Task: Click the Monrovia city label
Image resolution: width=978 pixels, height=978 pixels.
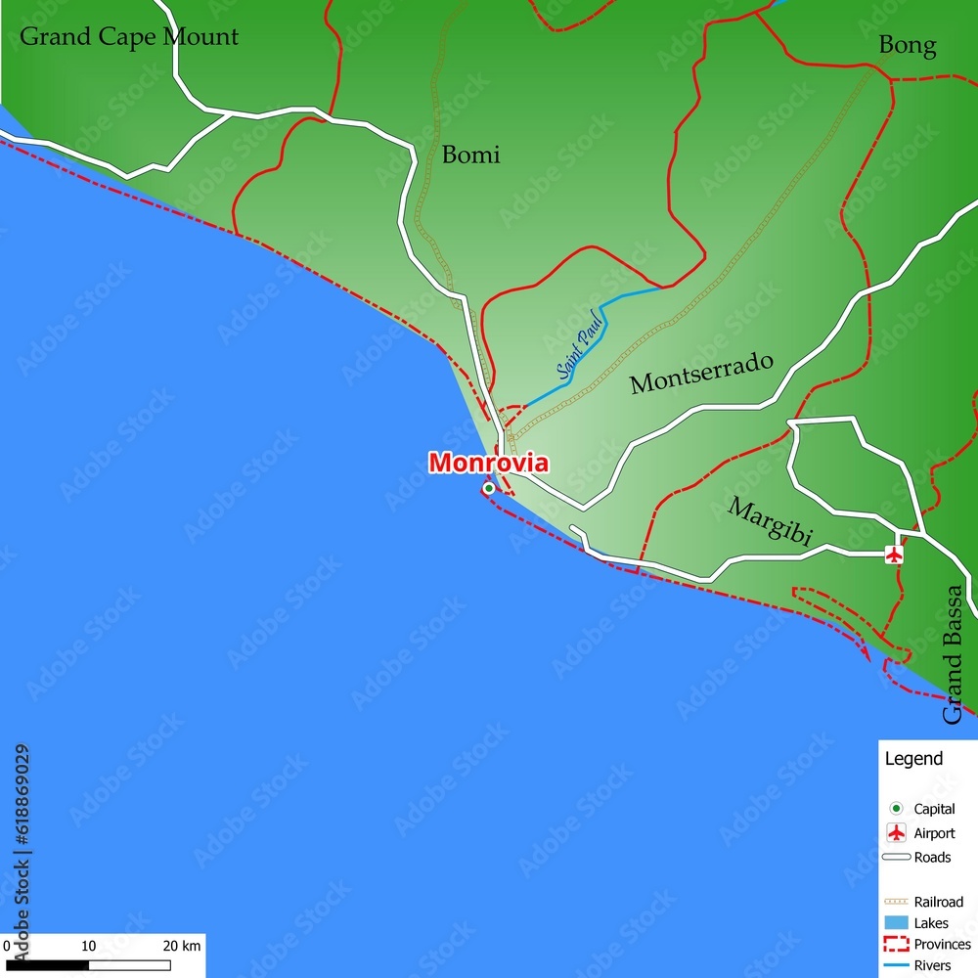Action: [488, 463]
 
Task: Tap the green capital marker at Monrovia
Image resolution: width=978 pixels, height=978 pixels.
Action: [488, 488]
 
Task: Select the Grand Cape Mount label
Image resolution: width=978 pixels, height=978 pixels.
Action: [129, 37]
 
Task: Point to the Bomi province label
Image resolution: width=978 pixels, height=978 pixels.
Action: [470, 155]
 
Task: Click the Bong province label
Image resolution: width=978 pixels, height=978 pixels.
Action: [907, 45]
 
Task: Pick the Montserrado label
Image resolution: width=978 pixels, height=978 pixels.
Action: [701, 373]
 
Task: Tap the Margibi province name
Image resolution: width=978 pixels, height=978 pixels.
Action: [771, 521]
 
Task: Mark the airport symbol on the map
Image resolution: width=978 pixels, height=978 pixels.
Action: [894, 555]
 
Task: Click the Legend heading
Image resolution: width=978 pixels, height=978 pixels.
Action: [913, 759]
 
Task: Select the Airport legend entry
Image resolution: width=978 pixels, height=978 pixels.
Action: [934, 833]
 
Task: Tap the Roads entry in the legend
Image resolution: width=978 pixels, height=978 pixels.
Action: [931, 858]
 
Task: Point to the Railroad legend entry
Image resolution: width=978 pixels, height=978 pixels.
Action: [938, 902]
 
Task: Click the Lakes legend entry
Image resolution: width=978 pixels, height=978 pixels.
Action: [930, 923]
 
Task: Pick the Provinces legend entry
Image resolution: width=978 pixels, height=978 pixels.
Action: [942, 945]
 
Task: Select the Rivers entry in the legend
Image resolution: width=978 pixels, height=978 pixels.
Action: [932, 966]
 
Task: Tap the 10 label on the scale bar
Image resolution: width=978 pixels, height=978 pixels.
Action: [88, 946]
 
